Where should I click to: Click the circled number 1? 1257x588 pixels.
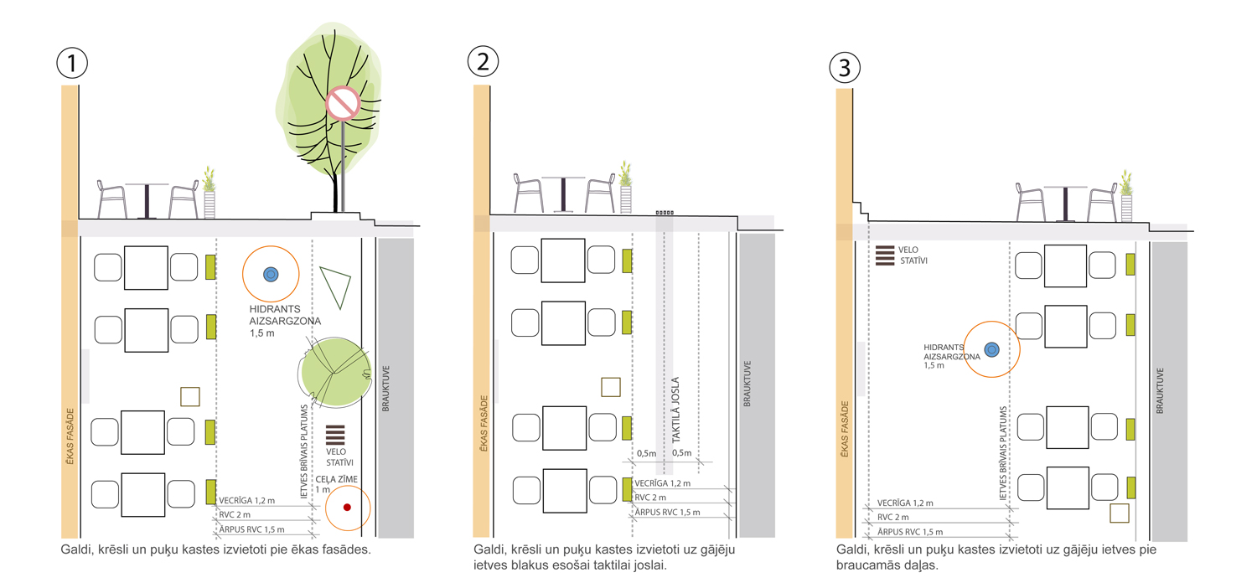coord(72,63)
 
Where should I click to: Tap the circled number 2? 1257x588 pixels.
coord(483,61)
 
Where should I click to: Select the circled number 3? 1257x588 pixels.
coord(845,67)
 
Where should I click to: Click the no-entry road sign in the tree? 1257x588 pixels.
coord(343,103)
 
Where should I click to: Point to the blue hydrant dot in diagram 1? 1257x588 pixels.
coord(271,275)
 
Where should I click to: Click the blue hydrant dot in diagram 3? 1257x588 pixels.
coord(992,349)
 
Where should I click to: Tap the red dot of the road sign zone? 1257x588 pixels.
coord(347,508)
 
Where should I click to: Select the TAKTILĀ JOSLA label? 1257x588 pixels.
coord(675,410)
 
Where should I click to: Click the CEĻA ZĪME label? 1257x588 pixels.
coord(336,479)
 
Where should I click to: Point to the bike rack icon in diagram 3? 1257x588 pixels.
coord(885,255)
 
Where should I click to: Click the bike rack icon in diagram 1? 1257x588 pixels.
coord(335,435)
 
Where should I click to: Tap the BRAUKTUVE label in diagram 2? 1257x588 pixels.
coord(747,384)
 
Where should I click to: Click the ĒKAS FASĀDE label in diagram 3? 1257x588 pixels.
coord(845,429)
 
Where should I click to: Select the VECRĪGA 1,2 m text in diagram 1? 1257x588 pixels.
coord(247,501)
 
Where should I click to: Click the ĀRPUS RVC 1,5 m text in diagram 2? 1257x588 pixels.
coord(667,513)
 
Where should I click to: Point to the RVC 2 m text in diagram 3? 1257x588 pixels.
coord(892,518)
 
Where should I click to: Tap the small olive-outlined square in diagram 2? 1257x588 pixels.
coord(611,387)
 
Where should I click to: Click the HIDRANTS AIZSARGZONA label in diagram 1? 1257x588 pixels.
coord(285,315)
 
